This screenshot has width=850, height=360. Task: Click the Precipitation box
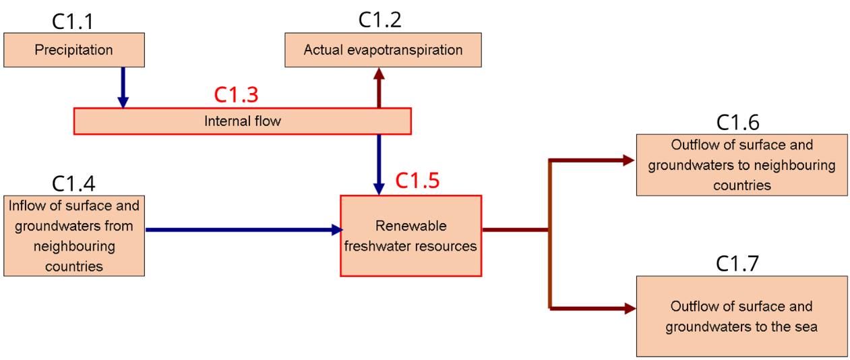click(74, 50)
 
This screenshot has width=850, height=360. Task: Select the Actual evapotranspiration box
click(383, 51)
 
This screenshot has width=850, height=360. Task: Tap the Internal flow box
click(242, 121)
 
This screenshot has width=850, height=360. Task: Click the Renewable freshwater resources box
click(411, 235)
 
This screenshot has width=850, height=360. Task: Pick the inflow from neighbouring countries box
click(74, 235)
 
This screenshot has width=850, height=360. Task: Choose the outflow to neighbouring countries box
click(741, 164)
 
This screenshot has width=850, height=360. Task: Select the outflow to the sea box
click(741, 316)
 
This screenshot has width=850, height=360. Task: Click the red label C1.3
click(236, 95)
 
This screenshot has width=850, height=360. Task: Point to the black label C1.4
click(73, 183)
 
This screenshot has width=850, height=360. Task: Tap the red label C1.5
click(417, 181)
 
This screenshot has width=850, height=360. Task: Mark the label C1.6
click(737, 122)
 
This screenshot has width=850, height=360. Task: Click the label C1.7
click(737, 264)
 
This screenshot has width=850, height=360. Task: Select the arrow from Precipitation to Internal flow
click(123, 86)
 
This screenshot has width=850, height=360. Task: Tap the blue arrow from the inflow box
click(243, 230)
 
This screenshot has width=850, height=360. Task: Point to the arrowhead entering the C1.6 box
click(628, 160)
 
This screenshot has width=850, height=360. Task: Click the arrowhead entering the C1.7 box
click(630, 309)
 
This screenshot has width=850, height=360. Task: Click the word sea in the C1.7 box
click(805, 327)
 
